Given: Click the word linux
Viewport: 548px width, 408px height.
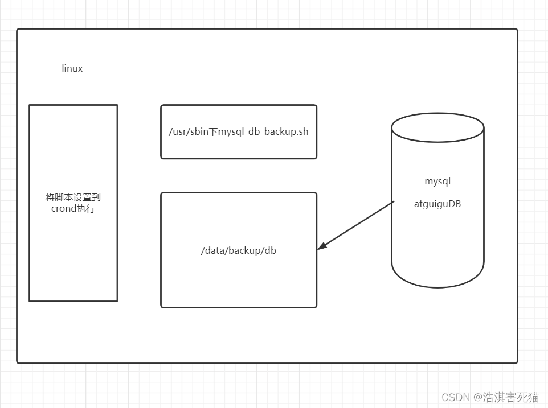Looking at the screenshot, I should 72,68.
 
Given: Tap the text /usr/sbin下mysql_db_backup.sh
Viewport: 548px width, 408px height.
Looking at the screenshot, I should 239,131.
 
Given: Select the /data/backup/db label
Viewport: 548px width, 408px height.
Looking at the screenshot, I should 239,250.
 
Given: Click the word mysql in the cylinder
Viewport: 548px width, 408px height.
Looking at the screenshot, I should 437,182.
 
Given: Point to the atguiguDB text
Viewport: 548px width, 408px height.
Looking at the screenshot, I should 437,204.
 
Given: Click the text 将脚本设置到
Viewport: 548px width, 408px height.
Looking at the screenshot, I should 73,197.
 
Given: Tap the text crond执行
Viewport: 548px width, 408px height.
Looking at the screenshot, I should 73,208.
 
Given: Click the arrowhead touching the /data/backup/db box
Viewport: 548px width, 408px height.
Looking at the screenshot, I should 322,246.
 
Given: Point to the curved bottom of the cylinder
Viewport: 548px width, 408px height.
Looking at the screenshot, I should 437,286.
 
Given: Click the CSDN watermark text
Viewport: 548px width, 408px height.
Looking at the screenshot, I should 454,397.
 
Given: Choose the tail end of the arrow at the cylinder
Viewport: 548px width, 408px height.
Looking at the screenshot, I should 393,202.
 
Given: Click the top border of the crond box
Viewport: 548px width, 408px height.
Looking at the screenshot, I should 73,105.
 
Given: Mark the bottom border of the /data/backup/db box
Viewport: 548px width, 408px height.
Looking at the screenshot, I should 239,307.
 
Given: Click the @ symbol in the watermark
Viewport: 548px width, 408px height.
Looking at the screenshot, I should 476,397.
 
